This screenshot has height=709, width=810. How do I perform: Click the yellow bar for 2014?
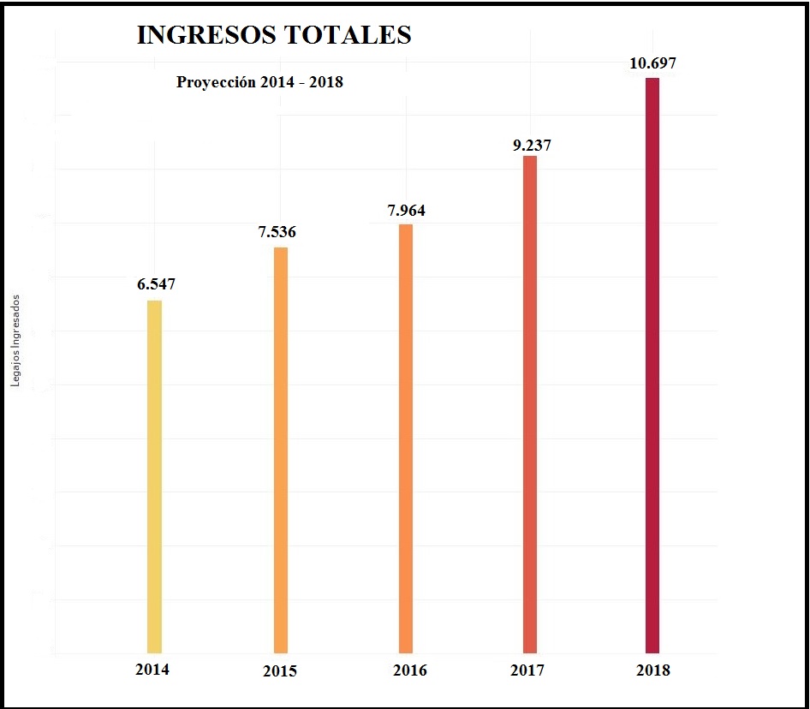[154, 476]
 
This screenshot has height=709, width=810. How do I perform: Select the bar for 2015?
[280, 450]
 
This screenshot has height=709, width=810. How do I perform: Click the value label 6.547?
[156, 284]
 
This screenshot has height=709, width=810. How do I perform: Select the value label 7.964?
[406, 210]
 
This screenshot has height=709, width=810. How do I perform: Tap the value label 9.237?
[532, 145]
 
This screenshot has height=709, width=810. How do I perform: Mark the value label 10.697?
[654, 63]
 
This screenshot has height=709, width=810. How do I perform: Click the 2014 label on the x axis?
[152, 670]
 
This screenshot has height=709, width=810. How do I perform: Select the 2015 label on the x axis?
[280, 671]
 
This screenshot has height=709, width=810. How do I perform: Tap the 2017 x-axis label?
[527, 670]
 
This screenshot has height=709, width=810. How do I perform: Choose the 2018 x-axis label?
[653, 670]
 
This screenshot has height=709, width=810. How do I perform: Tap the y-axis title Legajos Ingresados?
[15, 341]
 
